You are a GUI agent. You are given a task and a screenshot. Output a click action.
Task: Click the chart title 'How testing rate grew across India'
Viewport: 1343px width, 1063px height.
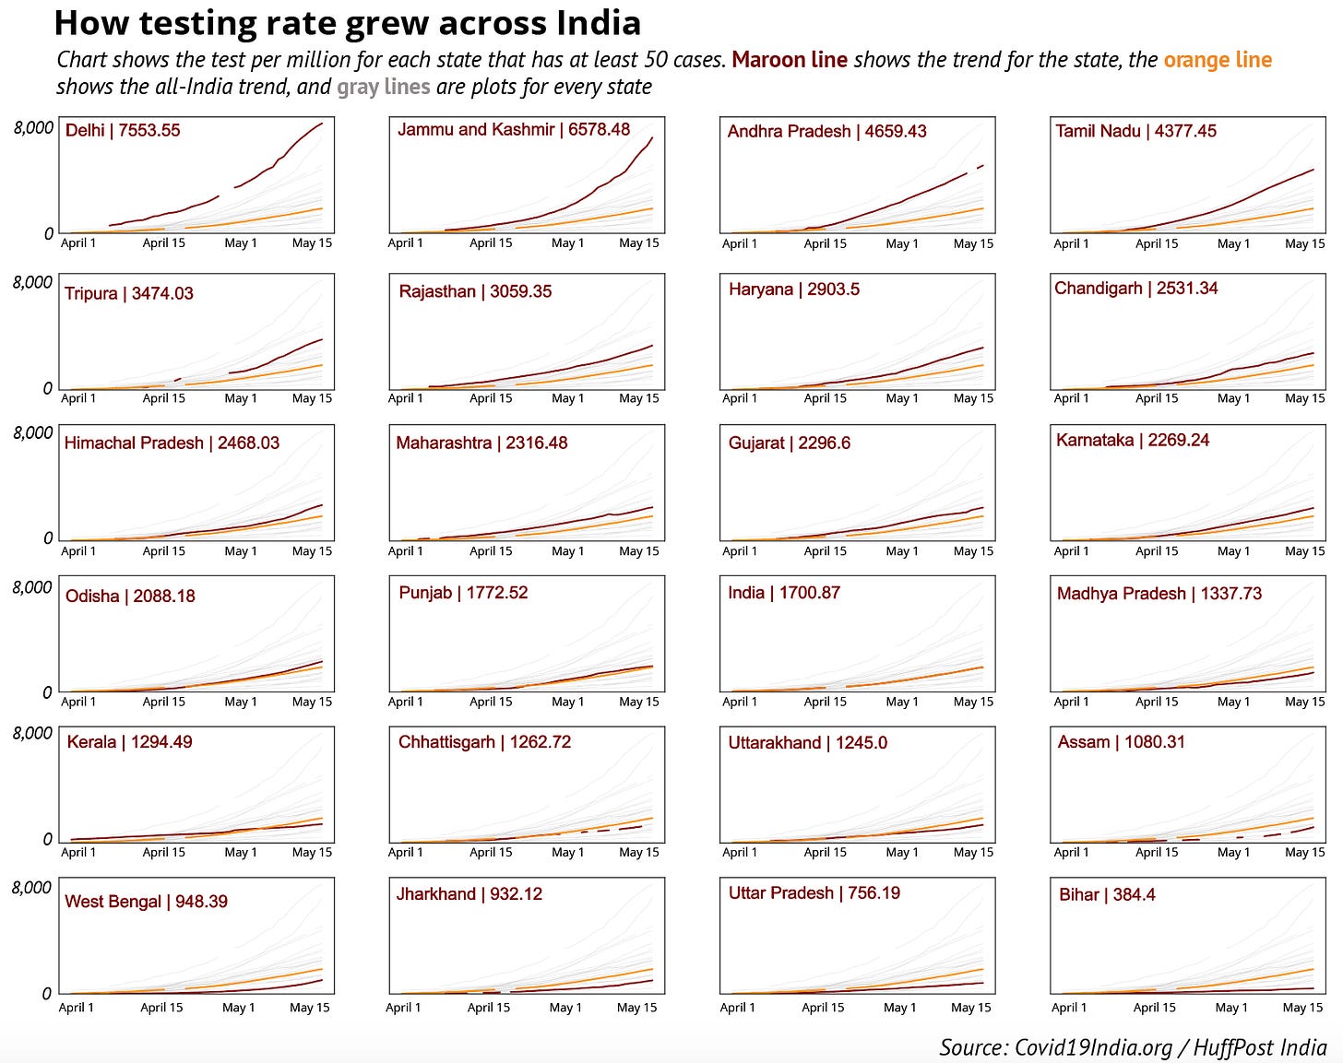pos(347,23)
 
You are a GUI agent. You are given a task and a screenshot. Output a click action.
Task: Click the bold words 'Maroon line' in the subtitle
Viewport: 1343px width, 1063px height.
pos(790,60)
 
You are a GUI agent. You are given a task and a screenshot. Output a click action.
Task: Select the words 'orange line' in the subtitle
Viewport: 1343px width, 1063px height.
pos(1218,60)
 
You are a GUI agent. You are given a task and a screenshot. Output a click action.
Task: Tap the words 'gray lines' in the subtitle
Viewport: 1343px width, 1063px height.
pos(383,87)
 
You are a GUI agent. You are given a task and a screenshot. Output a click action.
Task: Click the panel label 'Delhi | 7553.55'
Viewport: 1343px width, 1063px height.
pos(123,130)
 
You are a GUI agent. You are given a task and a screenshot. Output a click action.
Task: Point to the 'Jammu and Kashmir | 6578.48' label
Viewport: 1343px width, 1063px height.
pos(514,129)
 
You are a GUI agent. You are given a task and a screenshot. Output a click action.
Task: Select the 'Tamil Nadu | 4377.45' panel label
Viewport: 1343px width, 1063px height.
pos(1135,131)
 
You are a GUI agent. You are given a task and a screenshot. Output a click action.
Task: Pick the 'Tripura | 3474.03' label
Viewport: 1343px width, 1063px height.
pos(129,293)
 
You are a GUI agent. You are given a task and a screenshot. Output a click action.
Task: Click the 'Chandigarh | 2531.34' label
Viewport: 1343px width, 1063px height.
pos(1135,288)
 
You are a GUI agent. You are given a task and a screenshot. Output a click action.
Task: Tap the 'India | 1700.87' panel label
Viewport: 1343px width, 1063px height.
pos(784,593)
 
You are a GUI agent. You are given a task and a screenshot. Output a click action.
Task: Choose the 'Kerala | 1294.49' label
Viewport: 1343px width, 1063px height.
pos(129,742)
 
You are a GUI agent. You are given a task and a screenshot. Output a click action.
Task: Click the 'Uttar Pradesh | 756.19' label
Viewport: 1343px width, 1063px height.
pos(814,892)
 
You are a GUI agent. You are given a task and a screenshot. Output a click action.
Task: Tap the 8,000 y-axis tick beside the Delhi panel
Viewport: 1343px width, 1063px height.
pos(34,127)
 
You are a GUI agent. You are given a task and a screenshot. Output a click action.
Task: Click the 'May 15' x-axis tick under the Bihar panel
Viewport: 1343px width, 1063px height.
pos(1303,1008)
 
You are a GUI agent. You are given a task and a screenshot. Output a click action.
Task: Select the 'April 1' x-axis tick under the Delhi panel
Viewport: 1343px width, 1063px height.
pos(78,243)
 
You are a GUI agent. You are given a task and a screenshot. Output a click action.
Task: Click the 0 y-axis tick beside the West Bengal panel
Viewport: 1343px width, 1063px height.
pos(47,993)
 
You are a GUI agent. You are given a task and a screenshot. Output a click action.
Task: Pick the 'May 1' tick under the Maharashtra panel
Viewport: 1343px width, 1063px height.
pos(567,551)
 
